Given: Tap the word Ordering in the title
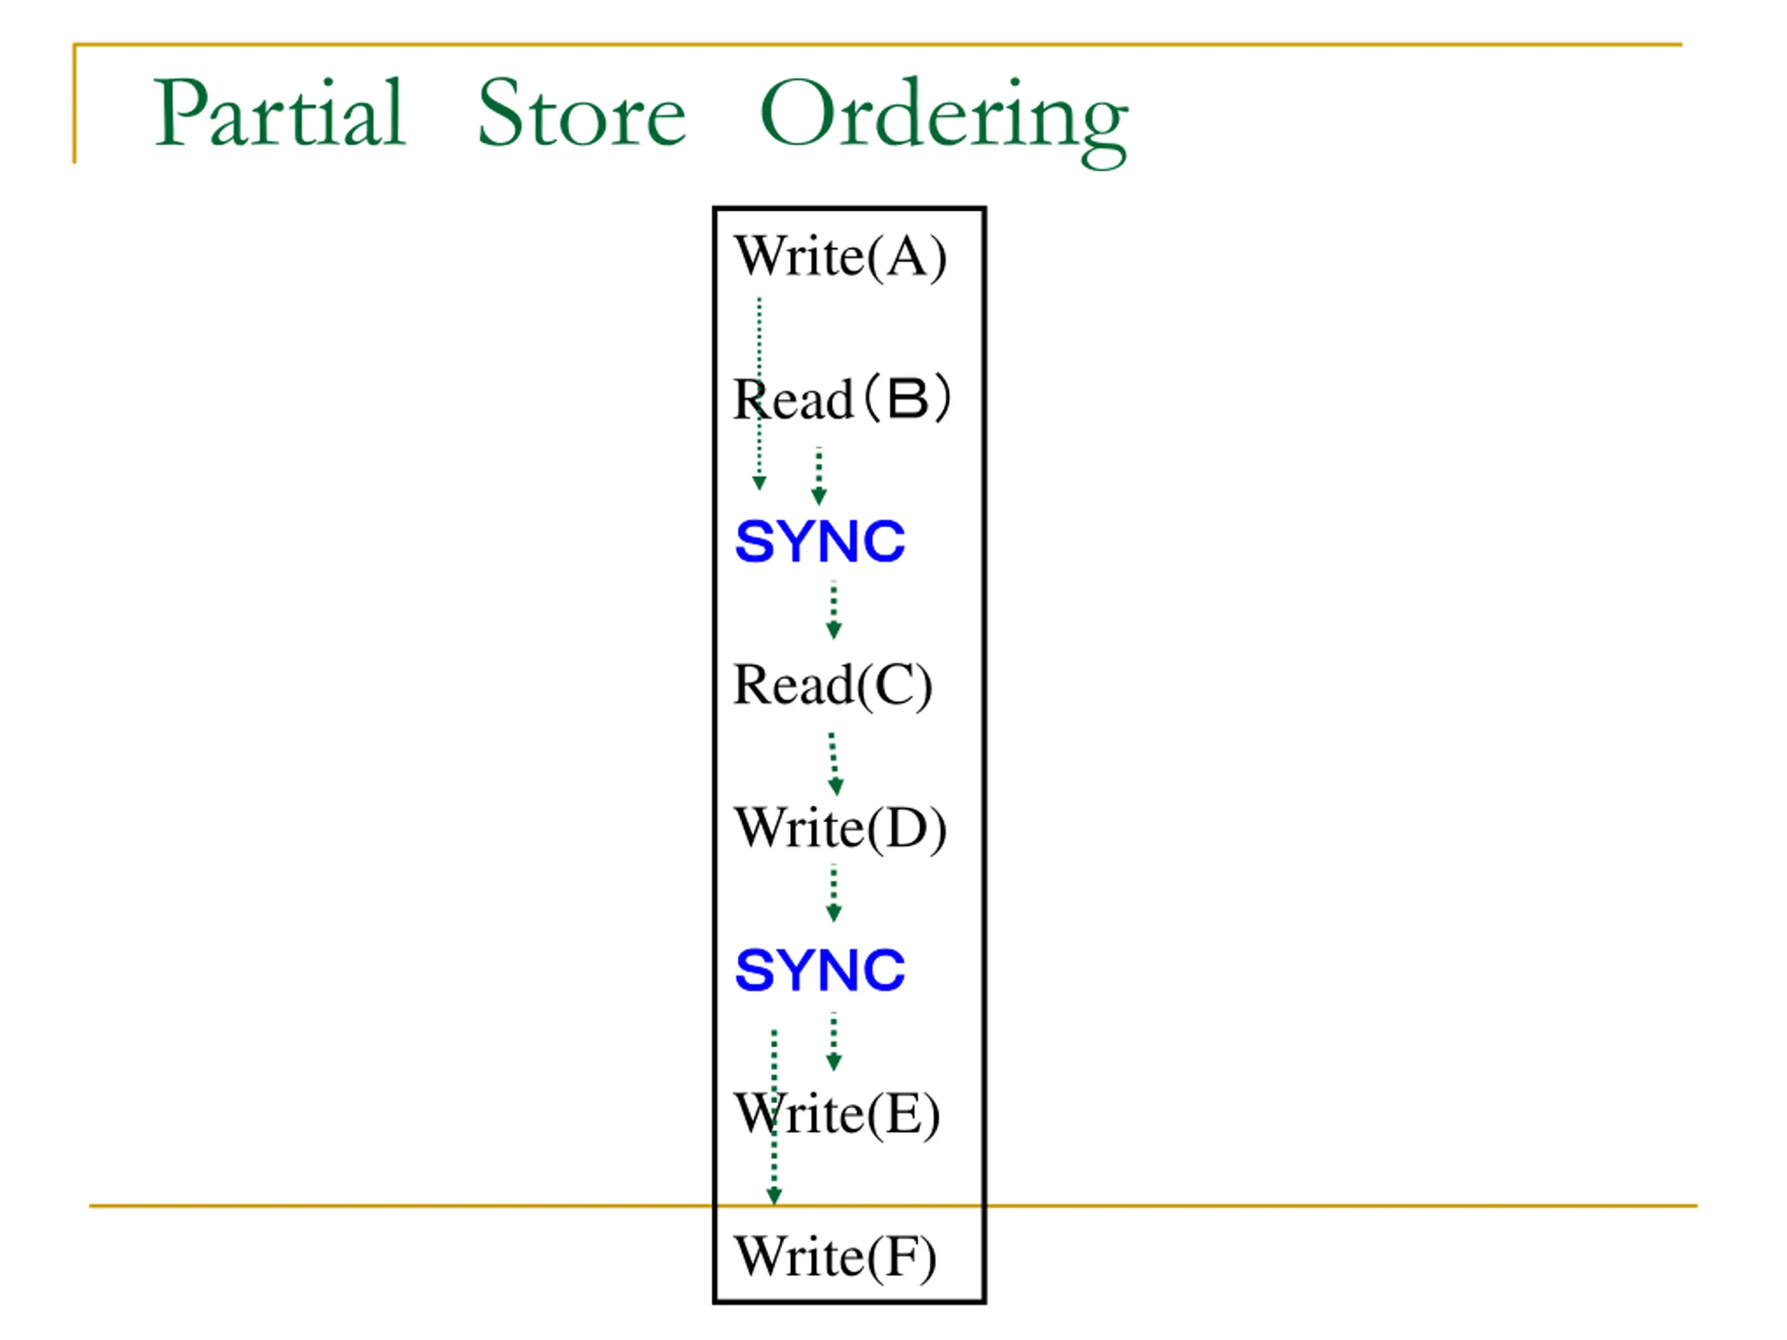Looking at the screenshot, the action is click(943, 117).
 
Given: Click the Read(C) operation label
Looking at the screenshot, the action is click(832, 685).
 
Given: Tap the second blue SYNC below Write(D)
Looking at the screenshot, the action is click(820, 970).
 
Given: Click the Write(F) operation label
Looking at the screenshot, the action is click(836, 1257).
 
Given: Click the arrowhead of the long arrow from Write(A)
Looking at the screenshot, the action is click(759, 483).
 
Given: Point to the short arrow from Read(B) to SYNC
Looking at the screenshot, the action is click(818, 477).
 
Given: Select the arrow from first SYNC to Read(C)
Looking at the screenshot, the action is click(833, 610).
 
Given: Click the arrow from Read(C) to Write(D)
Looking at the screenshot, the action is click(833, 764).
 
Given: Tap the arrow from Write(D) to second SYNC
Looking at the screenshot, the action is click(833, 893).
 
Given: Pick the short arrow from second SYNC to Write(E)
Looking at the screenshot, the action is click(833, 1042).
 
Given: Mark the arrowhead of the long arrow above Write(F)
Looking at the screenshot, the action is click(774, 1196).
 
